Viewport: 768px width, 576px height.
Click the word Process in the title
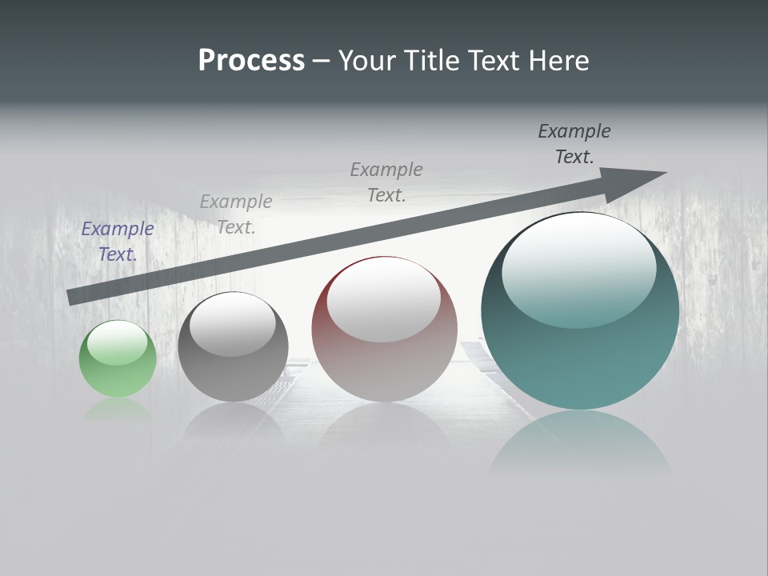tap(251, 61)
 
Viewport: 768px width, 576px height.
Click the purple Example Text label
tap(118, 242)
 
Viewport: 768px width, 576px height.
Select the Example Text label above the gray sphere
tap(236, 214)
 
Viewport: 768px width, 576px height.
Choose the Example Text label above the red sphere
tap(386, 182)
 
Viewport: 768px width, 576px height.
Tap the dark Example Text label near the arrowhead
tap(574, 144)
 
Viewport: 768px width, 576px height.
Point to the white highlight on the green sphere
tap(118, 342)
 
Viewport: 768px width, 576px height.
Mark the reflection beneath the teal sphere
tap(580, 444)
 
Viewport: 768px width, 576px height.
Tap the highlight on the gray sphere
tap(233, 324)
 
